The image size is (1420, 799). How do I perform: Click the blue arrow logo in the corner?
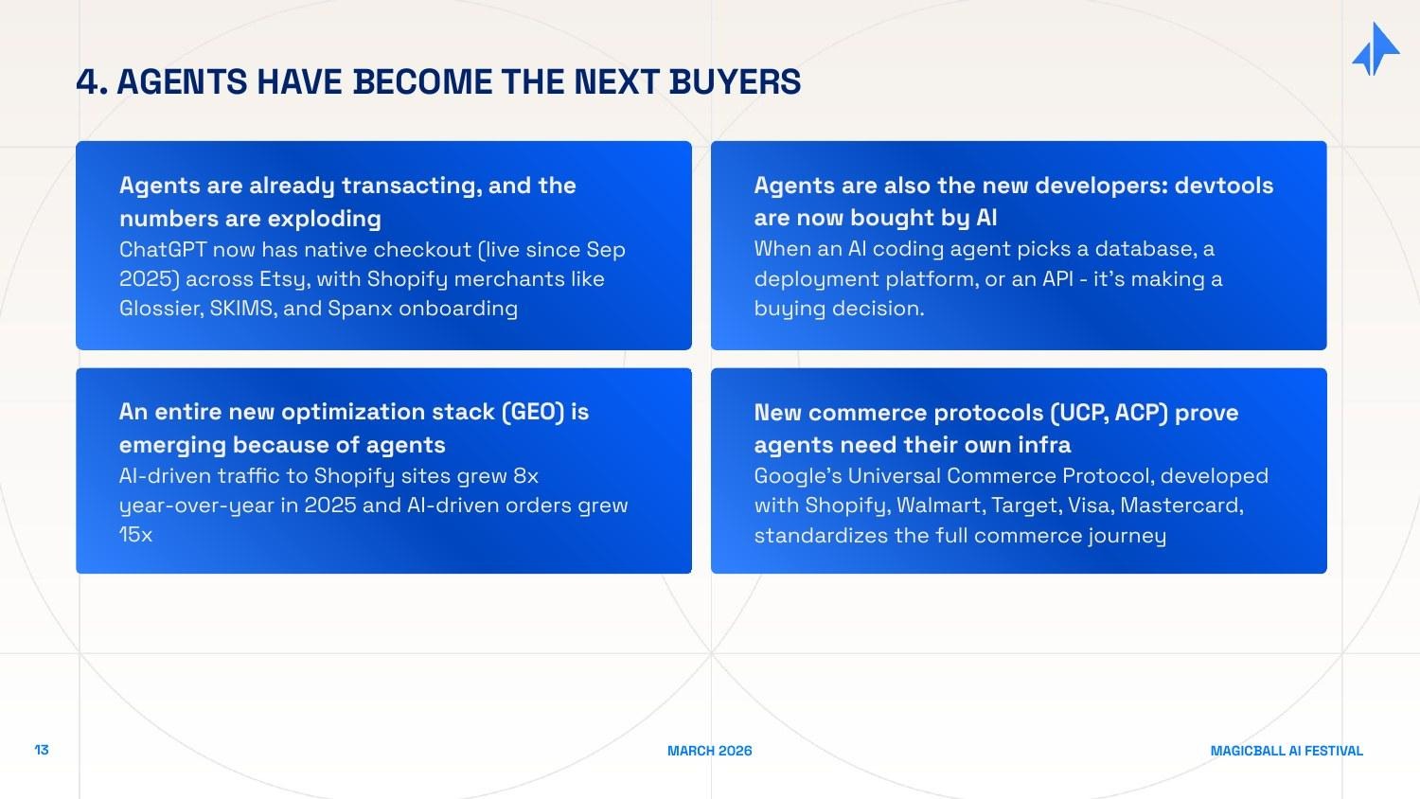(1376, 49)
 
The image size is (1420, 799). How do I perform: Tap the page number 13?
(42, 750)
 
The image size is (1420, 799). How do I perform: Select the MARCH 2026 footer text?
(709, 751)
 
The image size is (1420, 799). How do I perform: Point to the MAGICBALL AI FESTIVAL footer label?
(1286, 751)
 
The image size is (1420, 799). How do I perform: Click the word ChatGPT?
(162, 250)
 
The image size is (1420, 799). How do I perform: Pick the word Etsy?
(282, 279)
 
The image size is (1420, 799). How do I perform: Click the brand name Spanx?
(360, 309)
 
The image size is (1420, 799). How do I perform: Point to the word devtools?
(1223, 186)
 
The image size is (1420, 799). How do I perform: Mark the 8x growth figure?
(525, 476)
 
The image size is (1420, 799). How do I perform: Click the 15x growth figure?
(135, 535)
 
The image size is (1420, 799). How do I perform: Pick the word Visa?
(1089, 506)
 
